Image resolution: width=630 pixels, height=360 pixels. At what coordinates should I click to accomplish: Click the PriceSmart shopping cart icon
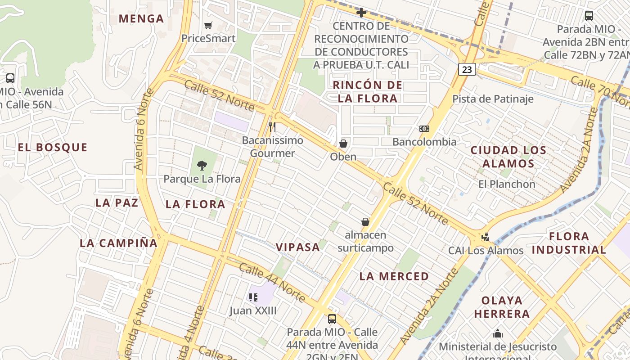pyautogui.click(x=208, y=25)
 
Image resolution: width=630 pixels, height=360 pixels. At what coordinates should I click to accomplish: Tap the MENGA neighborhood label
pyautogui.click(x=141, y=19)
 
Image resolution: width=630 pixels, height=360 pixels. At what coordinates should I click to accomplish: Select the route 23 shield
pyautogui.click(x=467, y=69)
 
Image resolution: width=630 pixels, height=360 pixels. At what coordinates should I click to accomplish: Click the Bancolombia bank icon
pyautogui.click(x=424, y=129)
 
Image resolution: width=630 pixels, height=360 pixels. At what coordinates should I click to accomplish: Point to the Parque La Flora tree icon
pyautogui.click(x=202, y=165)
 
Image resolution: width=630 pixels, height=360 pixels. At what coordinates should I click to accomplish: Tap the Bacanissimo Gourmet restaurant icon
pyautogui.click(x=272, y=126)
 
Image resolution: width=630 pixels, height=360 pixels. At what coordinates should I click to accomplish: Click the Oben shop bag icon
pyautogui.click(x=343, y=144)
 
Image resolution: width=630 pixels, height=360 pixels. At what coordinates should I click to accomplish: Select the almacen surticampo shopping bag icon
pyautogui.click(x=365, y=222)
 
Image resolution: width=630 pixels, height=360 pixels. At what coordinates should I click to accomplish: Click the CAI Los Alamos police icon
pyautogui.click(x=485, y=237)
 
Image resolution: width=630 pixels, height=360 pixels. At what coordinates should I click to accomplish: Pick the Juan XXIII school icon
pyautogui.click(x=253, y=297)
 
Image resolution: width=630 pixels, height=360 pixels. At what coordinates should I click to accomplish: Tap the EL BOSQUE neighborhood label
pyautogui.click(x=53, y=148)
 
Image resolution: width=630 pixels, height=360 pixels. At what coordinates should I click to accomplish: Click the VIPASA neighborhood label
pyautogui.click(x=298, y=247)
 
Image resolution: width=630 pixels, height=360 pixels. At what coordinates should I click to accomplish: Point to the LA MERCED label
pyautogui.click(x=394, y=276)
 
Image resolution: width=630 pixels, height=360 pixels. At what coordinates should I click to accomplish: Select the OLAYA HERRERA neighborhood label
pyautogui.click(x=502, y=307)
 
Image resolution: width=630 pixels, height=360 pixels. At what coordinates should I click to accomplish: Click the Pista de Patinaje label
pyautogui.click(x=493, y=99)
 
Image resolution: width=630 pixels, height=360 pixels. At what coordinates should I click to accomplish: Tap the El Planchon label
pyautogui.click(x=507, y=184)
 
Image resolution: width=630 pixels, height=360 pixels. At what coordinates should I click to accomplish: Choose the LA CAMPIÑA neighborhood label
pyautogui.click(x=119, y=243)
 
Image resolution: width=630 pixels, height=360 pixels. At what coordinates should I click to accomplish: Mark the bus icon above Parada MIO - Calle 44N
pyautogui.click(x=332, y=319)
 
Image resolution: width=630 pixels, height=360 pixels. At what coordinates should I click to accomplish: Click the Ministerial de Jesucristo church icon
pyautogui.click(x=498, y=333)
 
